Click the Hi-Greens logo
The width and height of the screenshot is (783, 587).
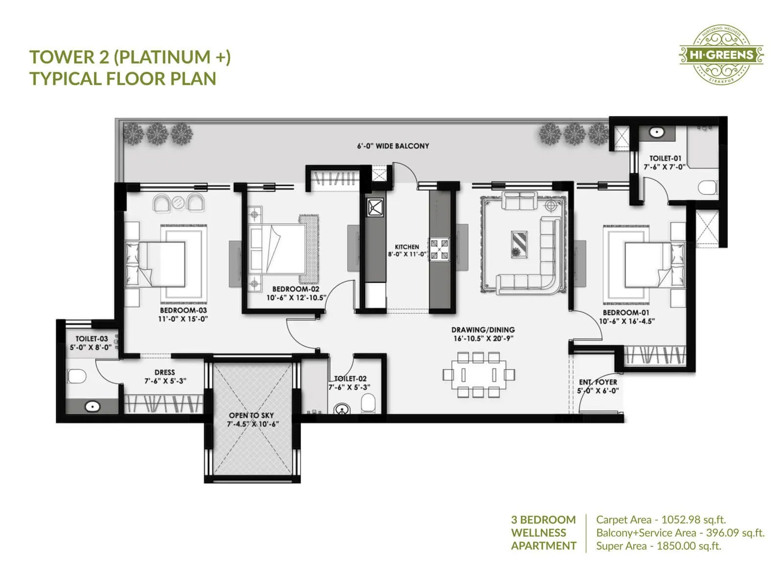click(721, 54)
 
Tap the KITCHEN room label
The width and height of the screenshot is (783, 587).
click(407, 247)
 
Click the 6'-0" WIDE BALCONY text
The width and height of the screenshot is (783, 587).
click(392, 146)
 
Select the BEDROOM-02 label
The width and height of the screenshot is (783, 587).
click(296, 289)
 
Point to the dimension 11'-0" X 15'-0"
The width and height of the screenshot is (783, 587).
click(183, 319)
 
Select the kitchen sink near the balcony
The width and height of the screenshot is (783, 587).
click(375, 207)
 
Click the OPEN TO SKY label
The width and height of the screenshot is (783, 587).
click(251, 415)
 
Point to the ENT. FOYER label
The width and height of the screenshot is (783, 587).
click(598, 382)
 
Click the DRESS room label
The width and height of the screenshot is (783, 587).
click(164, 372)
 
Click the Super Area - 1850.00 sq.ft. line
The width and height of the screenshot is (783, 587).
click(658, 546)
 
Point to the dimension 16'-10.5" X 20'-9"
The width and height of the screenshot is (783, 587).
click(483, 339)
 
